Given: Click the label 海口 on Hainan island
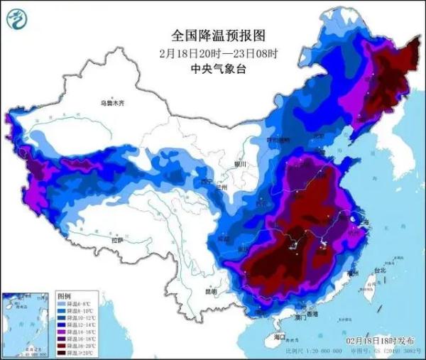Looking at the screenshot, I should [x=278, y=337].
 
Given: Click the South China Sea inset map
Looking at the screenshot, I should [x=27, y=323].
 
